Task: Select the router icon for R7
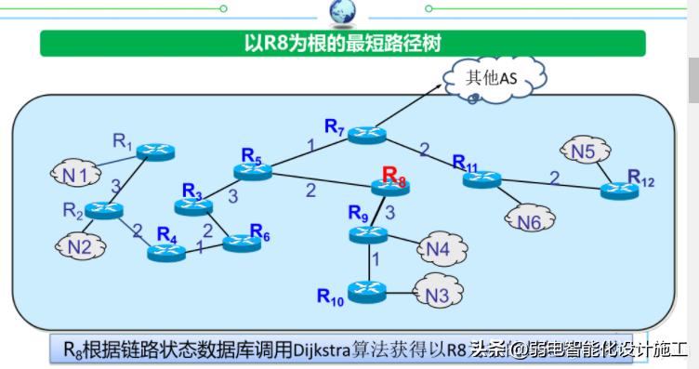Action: click(368, 134)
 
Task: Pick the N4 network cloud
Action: click(438, 249)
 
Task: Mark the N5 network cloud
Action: click(583, 151)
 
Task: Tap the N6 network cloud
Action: click(529, 220)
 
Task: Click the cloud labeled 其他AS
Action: click(491, 78)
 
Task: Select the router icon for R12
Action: click(619, 191)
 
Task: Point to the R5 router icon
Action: click(252, 170)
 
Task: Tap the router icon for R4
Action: click(167, 251)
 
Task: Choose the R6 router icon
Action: click(242, 244)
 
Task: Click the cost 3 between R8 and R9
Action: click(390, 213)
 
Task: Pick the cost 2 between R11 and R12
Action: click(554, 177)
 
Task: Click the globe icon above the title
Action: click(342, 11)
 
